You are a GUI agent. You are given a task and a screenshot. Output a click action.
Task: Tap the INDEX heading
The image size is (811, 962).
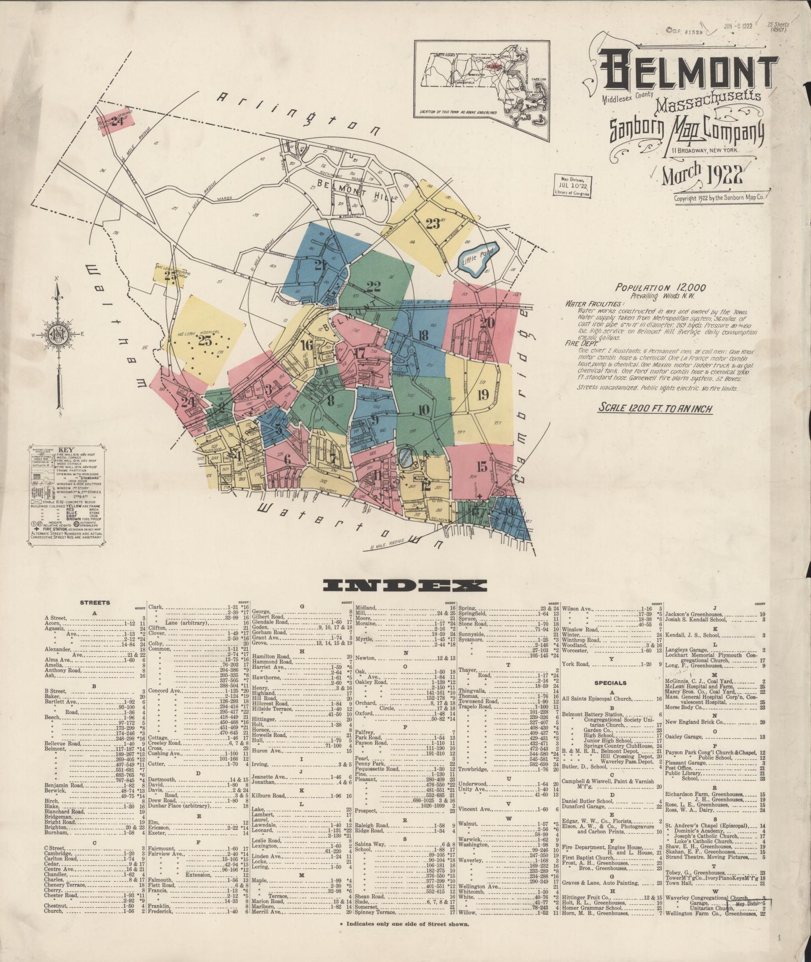pyautogui.click(x=405, y=585)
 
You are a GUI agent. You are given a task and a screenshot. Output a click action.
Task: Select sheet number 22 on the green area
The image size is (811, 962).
pyautogui.click(x=374, y=287)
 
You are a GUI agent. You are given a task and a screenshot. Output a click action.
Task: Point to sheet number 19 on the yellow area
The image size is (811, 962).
pyautogui.click(x=483, y=394)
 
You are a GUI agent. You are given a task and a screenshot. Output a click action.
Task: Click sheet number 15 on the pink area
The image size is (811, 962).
pyautogui.click(x=481, y=467)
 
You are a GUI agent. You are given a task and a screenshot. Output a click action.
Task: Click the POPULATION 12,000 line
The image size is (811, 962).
pyautogui.click(x=661, y=288)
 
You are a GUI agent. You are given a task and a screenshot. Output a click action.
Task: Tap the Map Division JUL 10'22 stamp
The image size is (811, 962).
pyautogui.click(x=573, y=185)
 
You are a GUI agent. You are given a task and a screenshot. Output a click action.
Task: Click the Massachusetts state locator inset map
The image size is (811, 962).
pyautogui.click(x=482, y=84)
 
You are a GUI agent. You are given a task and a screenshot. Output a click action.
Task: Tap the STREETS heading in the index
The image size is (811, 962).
pyautogui.click(x=94, y=602)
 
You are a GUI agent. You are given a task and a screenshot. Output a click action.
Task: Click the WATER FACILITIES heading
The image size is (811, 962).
pyautogui.click(x=594, y=304)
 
